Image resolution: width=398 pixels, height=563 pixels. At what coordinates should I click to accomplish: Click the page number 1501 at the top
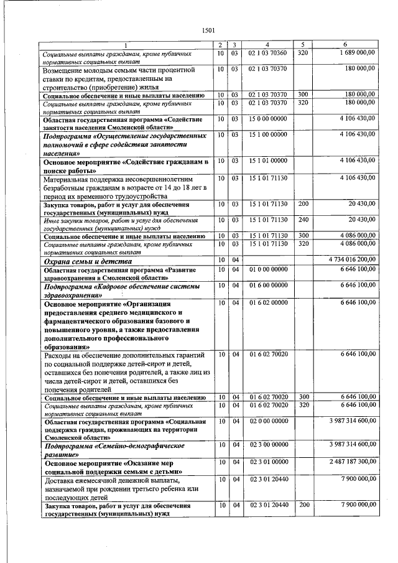[x=209, y=30]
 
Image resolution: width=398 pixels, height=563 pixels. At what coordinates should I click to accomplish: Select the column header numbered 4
[x=267, y=45]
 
